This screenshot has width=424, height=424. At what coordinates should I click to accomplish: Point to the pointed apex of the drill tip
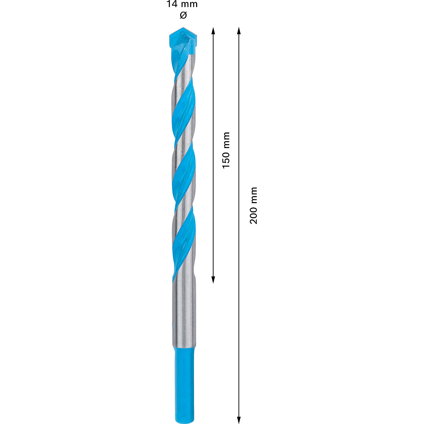pyautogui.click(x=183, y=28)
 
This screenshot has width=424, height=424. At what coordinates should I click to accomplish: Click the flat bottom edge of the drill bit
pyautogui.click(x=183, y=421)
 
